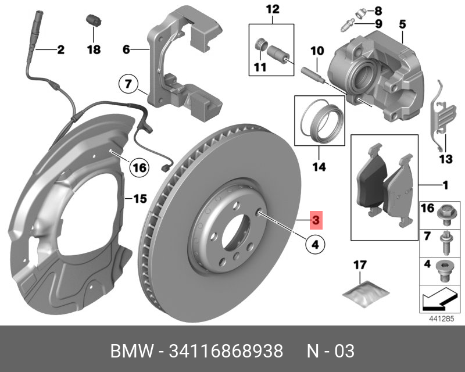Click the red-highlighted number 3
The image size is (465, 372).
(314, 220)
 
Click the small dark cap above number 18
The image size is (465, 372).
(92, 20)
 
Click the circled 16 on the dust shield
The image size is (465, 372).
(137, 168)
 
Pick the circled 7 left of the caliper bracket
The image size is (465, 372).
(128, 84)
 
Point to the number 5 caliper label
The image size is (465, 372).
(402, 24)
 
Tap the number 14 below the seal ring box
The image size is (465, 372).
(318, 167)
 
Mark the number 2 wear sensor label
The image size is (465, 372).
(60, 50)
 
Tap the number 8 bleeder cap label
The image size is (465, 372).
(378, 10)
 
